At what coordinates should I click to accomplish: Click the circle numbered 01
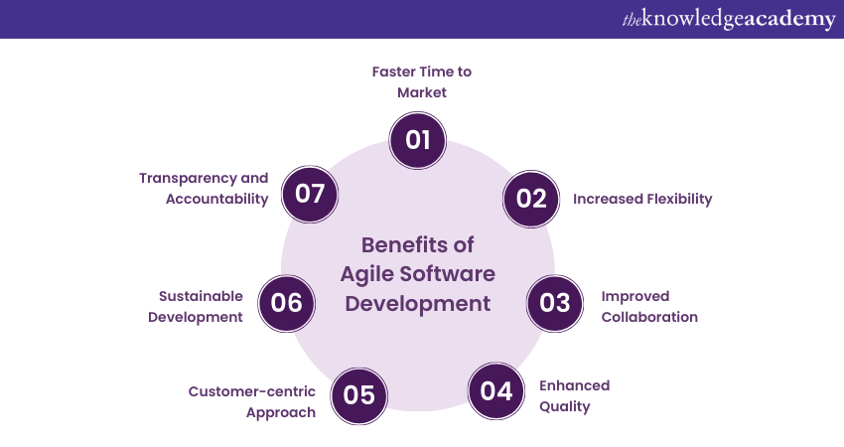click(x=418, y=140)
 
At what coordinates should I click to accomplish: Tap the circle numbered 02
click(x=531, y=199)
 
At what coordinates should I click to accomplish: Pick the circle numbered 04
click(x=495, y=391)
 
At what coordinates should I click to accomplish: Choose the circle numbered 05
click(x=359, y=395)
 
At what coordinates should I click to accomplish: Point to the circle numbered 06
click(x=286, y=303)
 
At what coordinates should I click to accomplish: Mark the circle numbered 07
click(x=310, y=193)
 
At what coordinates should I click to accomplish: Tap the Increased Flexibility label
click(x=642, y=199)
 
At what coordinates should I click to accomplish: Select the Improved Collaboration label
click(x=649, y=306)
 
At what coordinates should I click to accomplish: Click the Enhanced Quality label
click(x=574, y=395)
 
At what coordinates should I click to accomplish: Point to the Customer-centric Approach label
click(x=252, y=401)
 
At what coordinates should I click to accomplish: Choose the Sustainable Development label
click(x=201, y=306)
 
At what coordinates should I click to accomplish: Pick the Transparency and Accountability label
click(x=204, y=188)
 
